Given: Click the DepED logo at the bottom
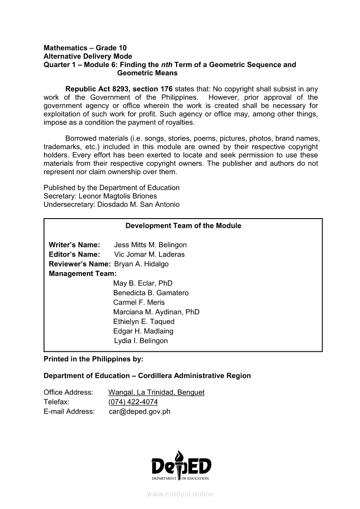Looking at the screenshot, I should pyautogui.click(x=181, y=466).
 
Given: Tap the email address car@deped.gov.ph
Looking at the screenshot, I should pyautogui.click(x=139, y=411).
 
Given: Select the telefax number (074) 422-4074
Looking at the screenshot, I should pyautogui.click(x=133, y=402).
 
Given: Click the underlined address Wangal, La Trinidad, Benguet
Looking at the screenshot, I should pyautogui.click(x=156, y=392).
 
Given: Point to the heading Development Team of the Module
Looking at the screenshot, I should pyautogui.click(x=183, y=226).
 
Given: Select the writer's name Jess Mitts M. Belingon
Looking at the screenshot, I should pyautogui.click(x=150, y=245).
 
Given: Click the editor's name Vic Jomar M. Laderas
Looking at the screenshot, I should pyautogui.click(x=149, y=254).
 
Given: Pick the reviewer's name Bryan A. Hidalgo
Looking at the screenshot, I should pyautogui.click(x=141, y=264).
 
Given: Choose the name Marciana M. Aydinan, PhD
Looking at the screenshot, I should pyautogui.click(x=156, y=312).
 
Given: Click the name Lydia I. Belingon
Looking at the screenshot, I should pyautogui.click(x=141, y=340).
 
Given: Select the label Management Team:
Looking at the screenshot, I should pyautogui.click(x=82, y=273).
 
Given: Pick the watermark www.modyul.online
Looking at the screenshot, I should pyautogui.click(x=180, y=494).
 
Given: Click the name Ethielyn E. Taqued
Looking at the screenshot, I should pyautogui.click(x=143, y=321).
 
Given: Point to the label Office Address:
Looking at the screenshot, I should pyautogui.click(x=68, y=392).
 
